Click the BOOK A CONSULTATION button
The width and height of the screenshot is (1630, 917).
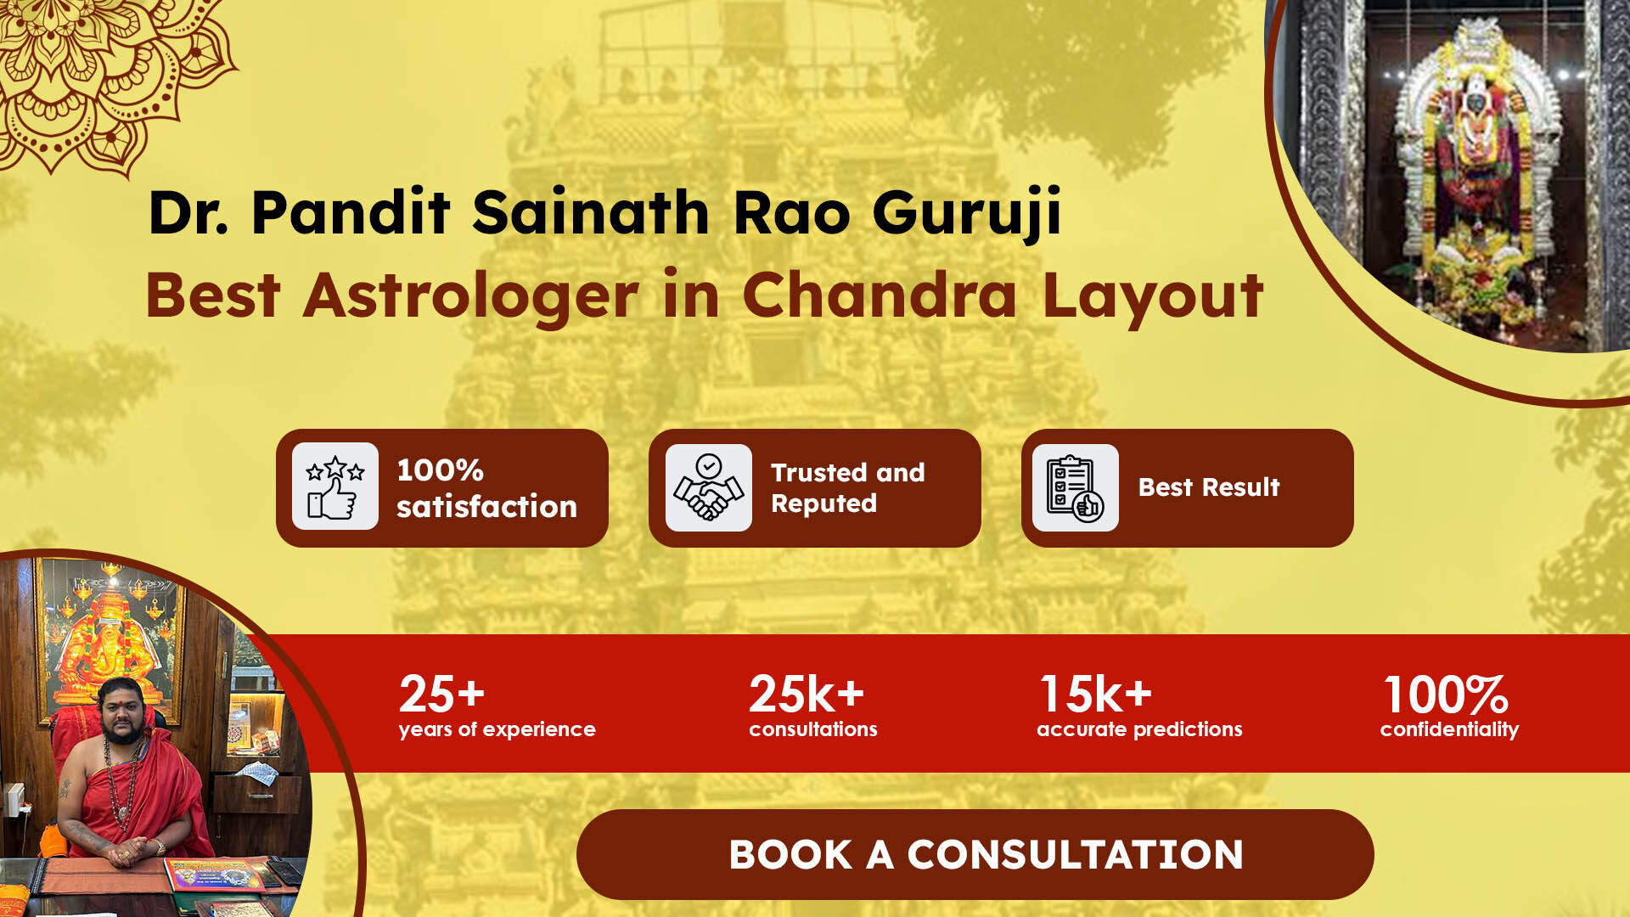975,854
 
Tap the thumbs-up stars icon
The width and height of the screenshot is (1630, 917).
335,487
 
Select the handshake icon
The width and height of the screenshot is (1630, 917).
708,487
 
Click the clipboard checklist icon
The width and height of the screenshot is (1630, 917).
1075,487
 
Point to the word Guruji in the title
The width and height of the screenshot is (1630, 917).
967,214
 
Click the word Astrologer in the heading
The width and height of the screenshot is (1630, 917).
471,296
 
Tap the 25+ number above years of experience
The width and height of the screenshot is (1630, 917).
441,694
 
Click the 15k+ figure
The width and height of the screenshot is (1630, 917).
1095,694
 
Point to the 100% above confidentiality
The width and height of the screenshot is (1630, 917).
1446,695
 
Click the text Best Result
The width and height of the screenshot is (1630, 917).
1208,487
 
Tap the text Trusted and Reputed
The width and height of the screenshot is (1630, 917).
847,488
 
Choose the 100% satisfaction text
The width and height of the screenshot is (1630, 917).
486,488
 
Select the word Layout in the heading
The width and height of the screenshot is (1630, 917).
1153,297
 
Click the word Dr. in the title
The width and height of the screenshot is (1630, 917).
188,212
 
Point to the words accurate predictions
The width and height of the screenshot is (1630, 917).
1139,729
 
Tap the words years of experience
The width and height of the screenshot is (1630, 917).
497,729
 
